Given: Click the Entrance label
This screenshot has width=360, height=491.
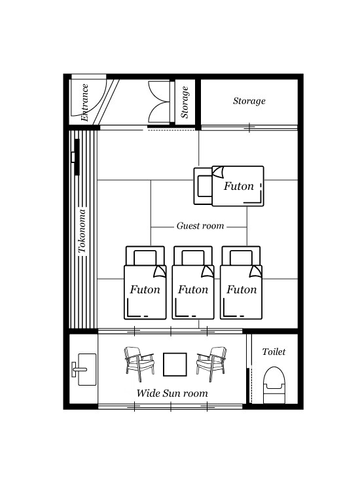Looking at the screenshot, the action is [x=84, y=102].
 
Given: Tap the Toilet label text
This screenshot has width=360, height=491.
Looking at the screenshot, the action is [x=274, y=352].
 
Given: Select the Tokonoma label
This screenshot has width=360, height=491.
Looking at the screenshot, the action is [x=82, y=231].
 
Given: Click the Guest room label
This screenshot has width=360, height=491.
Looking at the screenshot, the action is [x=200, y=226].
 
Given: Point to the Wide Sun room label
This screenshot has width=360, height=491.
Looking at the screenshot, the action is [x=172, y=393].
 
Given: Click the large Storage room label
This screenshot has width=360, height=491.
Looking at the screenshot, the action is [x=249, y=101].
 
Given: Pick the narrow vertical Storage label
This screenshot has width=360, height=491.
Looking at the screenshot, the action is [x=185, y=102].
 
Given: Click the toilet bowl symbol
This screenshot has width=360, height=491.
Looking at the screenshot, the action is [x=274, y=385].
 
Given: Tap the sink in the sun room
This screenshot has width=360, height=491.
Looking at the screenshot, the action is [x=84, y=369].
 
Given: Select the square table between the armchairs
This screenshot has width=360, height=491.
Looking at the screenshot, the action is [x=175, y=364].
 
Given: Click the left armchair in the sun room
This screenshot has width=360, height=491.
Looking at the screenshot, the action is [x=139, y=363].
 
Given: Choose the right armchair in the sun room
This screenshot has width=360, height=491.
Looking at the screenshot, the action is [x=211, y=363].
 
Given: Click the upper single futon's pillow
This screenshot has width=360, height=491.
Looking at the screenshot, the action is [x=204, y=186].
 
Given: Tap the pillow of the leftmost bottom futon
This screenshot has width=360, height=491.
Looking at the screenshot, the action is [x=145, y=256].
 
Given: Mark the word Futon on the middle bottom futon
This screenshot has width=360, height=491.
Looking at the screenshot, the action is [x=193, y=289].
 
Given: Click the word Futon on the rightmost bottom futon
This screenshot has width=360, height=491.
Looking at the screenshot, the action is [x=242, y=289].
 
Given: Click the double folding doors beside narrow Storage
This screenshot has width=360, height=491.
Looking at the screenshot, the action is [x=159, y=101].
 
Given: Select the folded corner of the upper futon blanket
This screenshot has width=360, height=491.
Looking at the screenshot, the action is [x=218, y=172].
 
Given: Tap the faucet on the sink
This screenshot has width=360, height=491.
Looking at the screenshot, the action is [x=79, y=369].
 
